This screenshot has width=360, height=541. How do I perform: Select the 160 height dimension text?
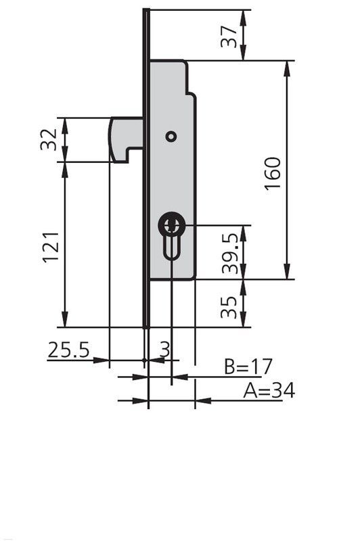(x=271, y=172)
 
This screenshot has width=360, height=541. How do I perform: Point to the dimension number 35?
(x=231, y=306)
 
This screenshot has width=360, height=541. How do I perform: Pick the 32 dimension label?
(x=49, y=140)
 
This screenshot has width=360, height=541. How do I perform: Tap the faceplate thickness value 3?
(x=164, y=349)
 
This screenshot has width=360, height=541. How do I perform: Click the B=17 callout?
(x=248, y=367)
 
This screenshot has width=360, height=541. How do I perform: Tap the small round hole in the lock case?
(x=171, y=137)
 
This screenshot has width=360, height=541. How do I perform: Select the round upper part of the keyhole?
(x=172, y=225)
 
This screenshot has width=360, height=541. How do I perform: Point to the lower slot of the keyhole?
(x=172, y=248)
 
